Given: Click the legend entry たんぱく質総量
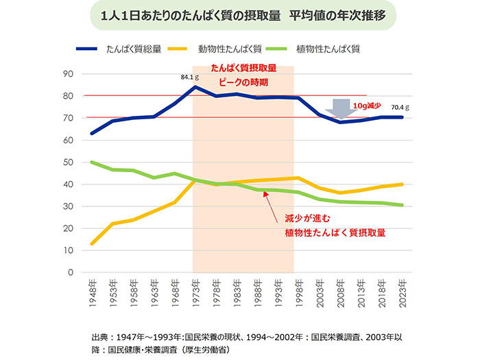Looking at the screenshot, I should click(134, 49).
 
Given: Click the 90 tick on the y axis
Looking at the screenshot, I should click(69, 74).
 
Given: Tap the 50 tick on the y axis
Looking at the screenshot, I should click(69, 163).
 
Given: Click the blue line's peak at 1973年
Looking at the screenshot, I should click(195, 87).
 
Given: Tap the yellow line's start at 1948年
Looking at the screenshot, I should click(91, 244).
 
